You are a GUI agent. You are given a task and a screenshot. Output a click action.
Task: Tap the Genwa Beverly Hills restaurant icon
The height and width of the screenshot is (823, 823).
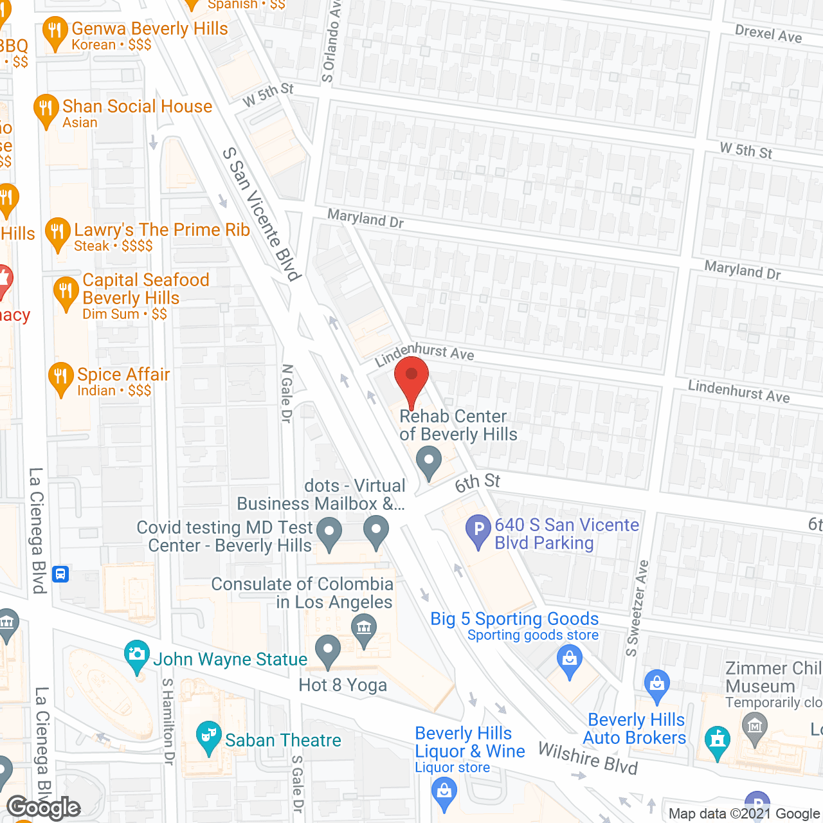[55, 33]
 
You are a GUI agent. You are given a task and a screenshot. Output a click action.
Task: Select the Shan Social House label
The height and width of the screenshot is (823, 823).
[137, 107]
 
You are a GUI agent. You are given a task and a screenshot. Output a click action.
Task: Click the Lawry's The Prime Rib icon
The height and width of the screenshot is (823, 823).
[58, 233]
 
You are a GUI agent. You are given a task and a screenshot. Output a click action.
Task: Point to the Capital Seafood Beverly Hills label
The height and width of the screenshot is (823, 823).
[145, 289]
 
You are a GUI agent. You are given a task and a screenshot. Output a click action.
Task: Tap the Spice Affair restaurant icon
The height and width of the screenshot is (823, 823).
[61, 377]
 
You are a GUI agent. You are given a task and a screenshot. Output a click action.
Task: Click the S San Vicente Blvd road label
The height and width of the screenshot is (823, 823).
[262, 214]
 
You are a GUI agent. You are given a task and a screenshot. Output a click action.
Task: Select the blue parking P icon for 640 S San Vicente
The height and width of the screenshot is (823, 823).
[478, 531]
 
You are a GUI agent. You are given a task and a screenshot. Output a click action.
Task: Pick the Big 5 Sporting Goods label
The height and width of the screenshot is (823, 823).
[514, 619]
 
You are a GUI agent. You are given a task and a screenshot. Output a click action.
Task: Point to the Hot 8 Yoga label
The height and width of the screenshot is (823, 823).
[343, 685]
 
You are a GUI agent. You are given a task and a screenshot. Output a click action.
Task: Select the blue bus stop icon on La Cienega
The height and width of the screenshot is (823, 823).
[61, 574]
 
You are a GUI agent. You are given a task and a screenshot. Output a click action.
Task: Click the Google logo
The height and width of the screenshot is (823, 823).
[44, 808]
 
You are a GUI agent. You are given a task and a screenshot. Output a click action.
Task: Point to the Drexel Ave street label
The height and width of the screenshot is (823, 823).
[768, 33]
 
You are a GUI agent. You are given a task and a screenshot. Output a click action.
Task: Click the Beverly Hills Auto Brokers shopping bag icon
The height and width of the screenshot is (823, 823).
[656, 684]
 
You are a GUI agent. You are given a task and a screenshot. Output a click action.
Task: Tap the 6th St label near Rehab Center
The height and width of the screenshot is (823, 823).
[477, 482]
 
